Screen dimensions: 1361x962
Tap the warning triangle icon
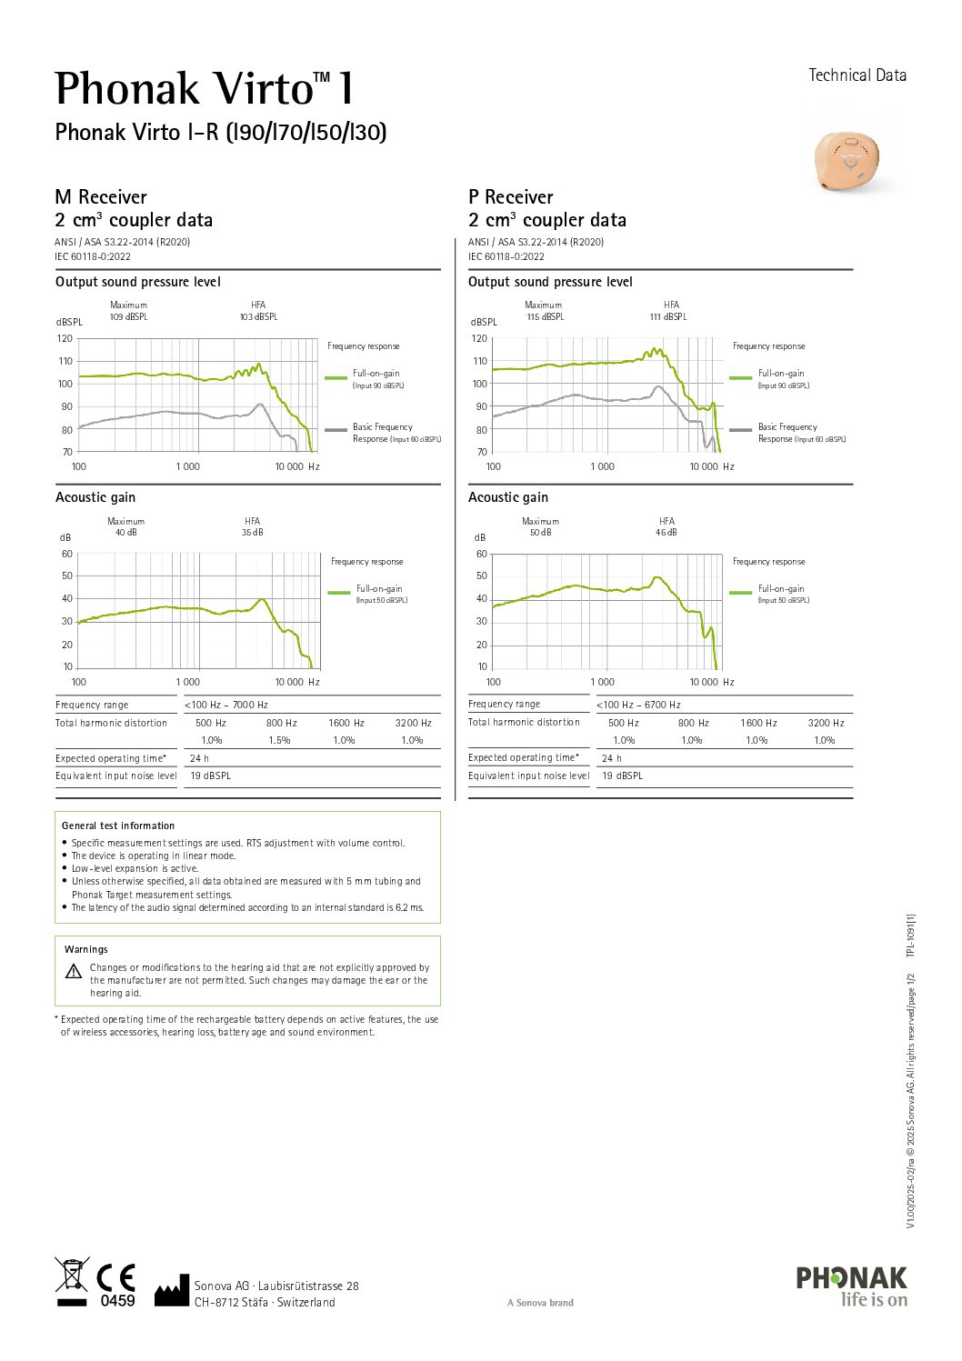(x=74, y=971)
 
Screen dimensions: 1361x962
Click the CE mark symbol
(x=115, y=1277)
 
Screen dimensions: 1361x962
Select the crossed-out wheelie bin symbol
(x=71, y=1275)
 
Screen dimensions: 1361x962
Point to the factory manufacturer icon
(x=171, y=1291)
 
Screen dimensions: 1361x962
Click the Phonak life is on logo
(x=851, y=1286)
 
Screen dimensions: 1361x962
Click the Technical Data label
(x=857, y=75)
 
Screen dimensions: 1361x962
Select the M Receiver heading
(x=101, y=197)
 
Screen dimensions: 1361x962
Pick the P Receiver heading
(x=510, y=197)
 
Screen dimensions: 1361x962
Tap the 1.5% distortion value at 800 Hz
(x=279, y=740)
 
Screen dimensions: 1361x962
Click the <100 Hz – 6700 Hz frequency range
(x=638, y=705)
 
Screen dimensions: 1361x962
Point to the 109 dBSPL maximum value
(x=128, y=317)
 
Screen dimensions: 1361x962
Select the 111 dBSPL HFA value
(x=668, y=317)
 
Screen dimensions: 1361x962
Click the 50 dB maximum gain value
(x=540, y=533)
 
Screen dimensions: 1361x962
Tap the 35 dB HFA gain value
(x=252, y=533)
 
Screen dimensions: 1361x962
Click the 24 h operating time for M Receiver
(x=199, y=758)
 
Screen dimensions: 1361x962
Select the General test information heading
(x=118, y=826)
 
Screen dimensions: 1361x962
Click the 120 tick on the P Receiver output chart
(x=479, y=338)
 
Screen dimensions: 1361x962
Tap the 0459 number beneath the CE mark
(x=117, y=1301)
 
